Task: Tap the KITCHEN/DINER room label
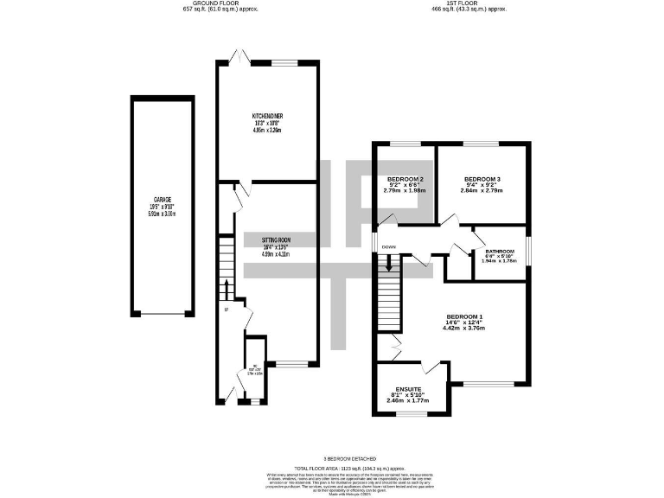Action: [267, 116]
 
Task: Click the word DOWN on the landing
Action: [388, 247]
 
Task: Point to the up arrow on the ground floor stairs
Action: [227, 288]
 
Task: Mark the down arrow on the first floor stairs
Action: [389, 266]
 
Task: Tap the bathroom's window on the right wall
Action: [528, 253]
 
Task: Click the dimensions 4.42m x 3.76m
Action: [464, 329]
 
